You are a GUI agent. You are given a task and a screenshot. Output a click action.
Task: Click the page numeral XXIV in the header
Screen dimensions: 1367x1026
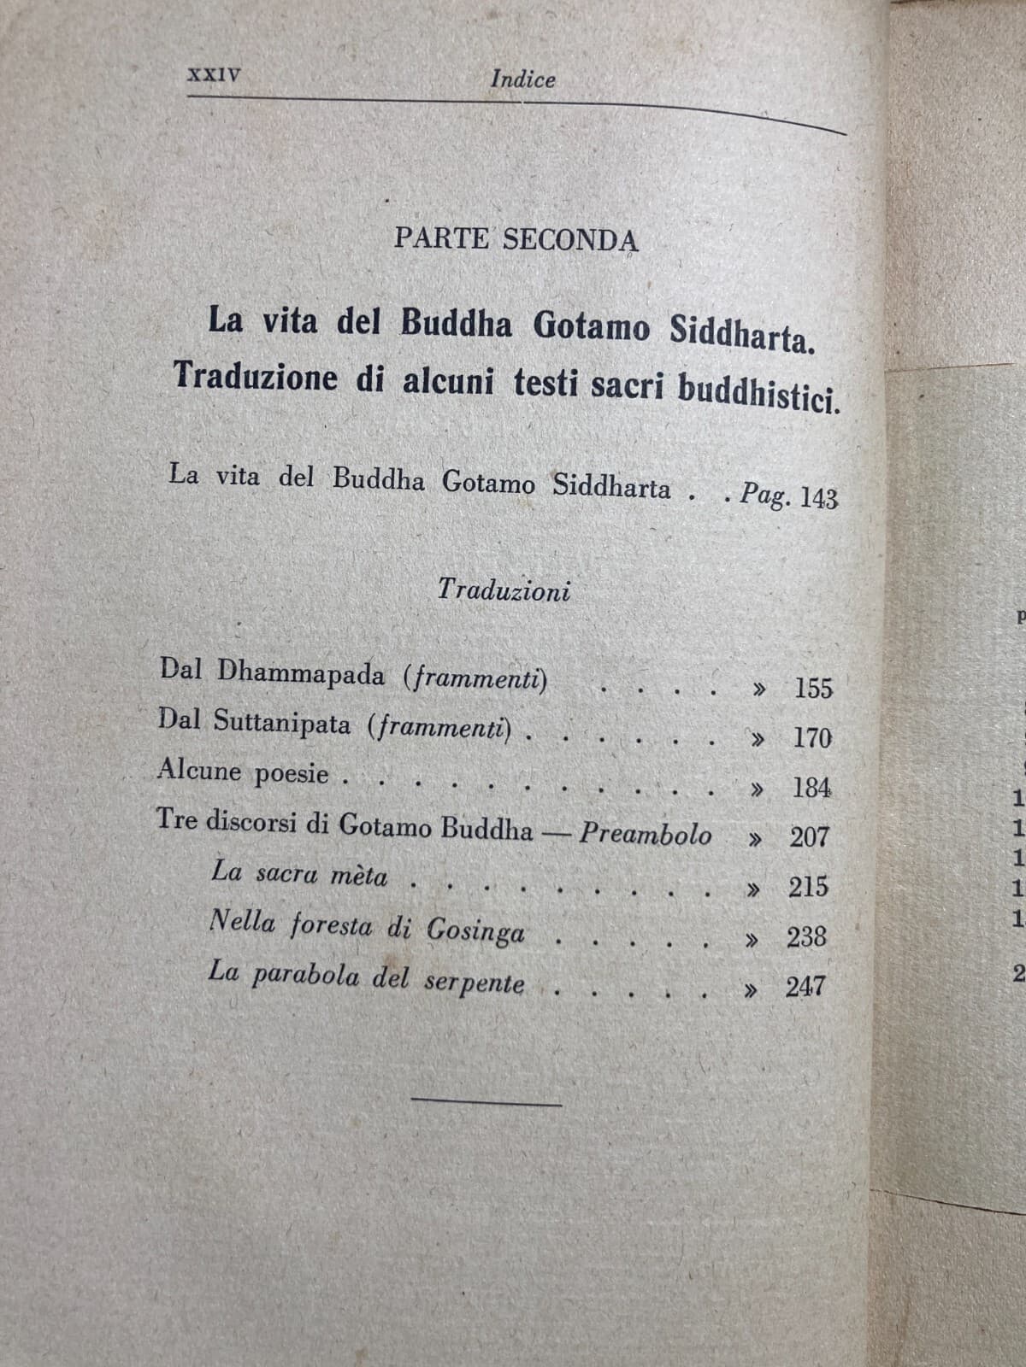pos(214,74)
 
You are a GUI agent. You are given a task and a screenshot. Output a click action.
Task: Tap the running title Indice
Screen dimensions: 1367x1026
pos(522,79)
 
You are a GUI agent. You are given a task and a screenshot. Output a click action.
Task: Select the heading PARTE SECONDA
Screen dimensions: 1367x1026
pos(516,239)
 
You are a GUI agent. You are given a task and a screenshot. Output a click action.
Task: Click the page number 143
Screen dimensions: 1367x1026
pos(818,498)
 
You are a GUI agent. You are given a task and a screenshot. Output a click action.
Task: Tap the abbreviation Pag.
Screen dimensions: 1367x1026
pos(765,495)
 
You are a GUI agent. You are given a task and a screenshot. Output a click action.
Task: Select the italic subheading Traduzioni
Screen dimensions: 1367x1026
pos(504,590)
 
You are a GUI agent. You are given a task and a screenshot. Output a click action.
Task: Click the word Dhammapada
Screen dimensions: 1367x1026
pos(301,672)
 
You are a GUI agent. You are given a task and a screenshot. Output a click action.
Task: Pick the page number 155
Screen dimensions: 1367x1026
pos(813,688)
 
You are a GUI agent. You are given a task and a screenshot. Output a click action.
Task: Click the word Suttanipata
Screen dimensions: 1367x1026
pos(282,723)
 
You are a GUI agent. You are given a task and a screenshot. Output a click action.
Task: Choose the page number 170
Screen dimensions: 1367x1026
pos(811,737)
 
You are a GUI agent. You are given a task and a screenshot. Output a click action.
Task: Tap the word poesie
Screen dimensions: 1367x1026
pos(291,773)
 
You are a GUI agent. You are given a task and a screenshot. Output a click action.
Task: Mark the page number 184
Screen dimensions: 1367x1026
pos(811,787)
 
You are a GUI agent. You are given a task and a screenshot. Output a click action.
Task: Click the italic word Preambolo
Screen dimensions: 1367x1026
pos(646,832)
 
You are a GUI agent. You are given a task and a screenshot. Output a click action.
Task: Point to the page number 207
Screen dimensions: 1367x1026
pos(809,836)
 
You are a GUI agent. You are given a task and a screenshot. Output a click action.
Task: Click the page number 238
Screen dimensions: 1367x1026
pos(807,937)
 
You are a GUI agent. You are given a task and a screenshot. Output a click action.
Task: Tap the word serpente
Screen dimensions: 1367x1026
pos(474,983)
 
